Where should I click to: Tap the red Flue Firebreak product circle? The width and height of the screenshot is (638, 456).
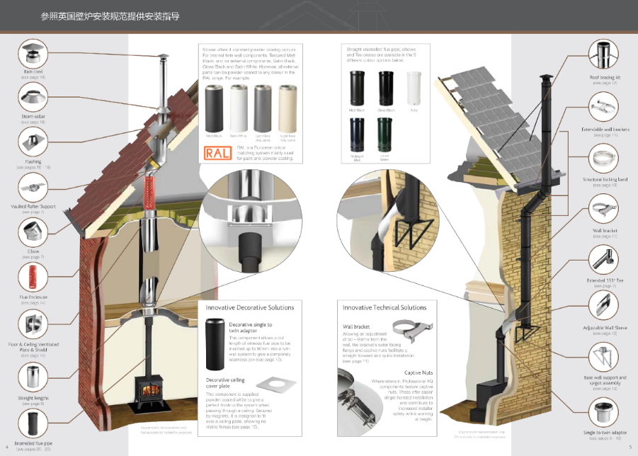tap(33, 277)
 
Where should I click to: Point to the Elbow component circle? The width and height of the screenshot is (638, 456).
tap(33, 232)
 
